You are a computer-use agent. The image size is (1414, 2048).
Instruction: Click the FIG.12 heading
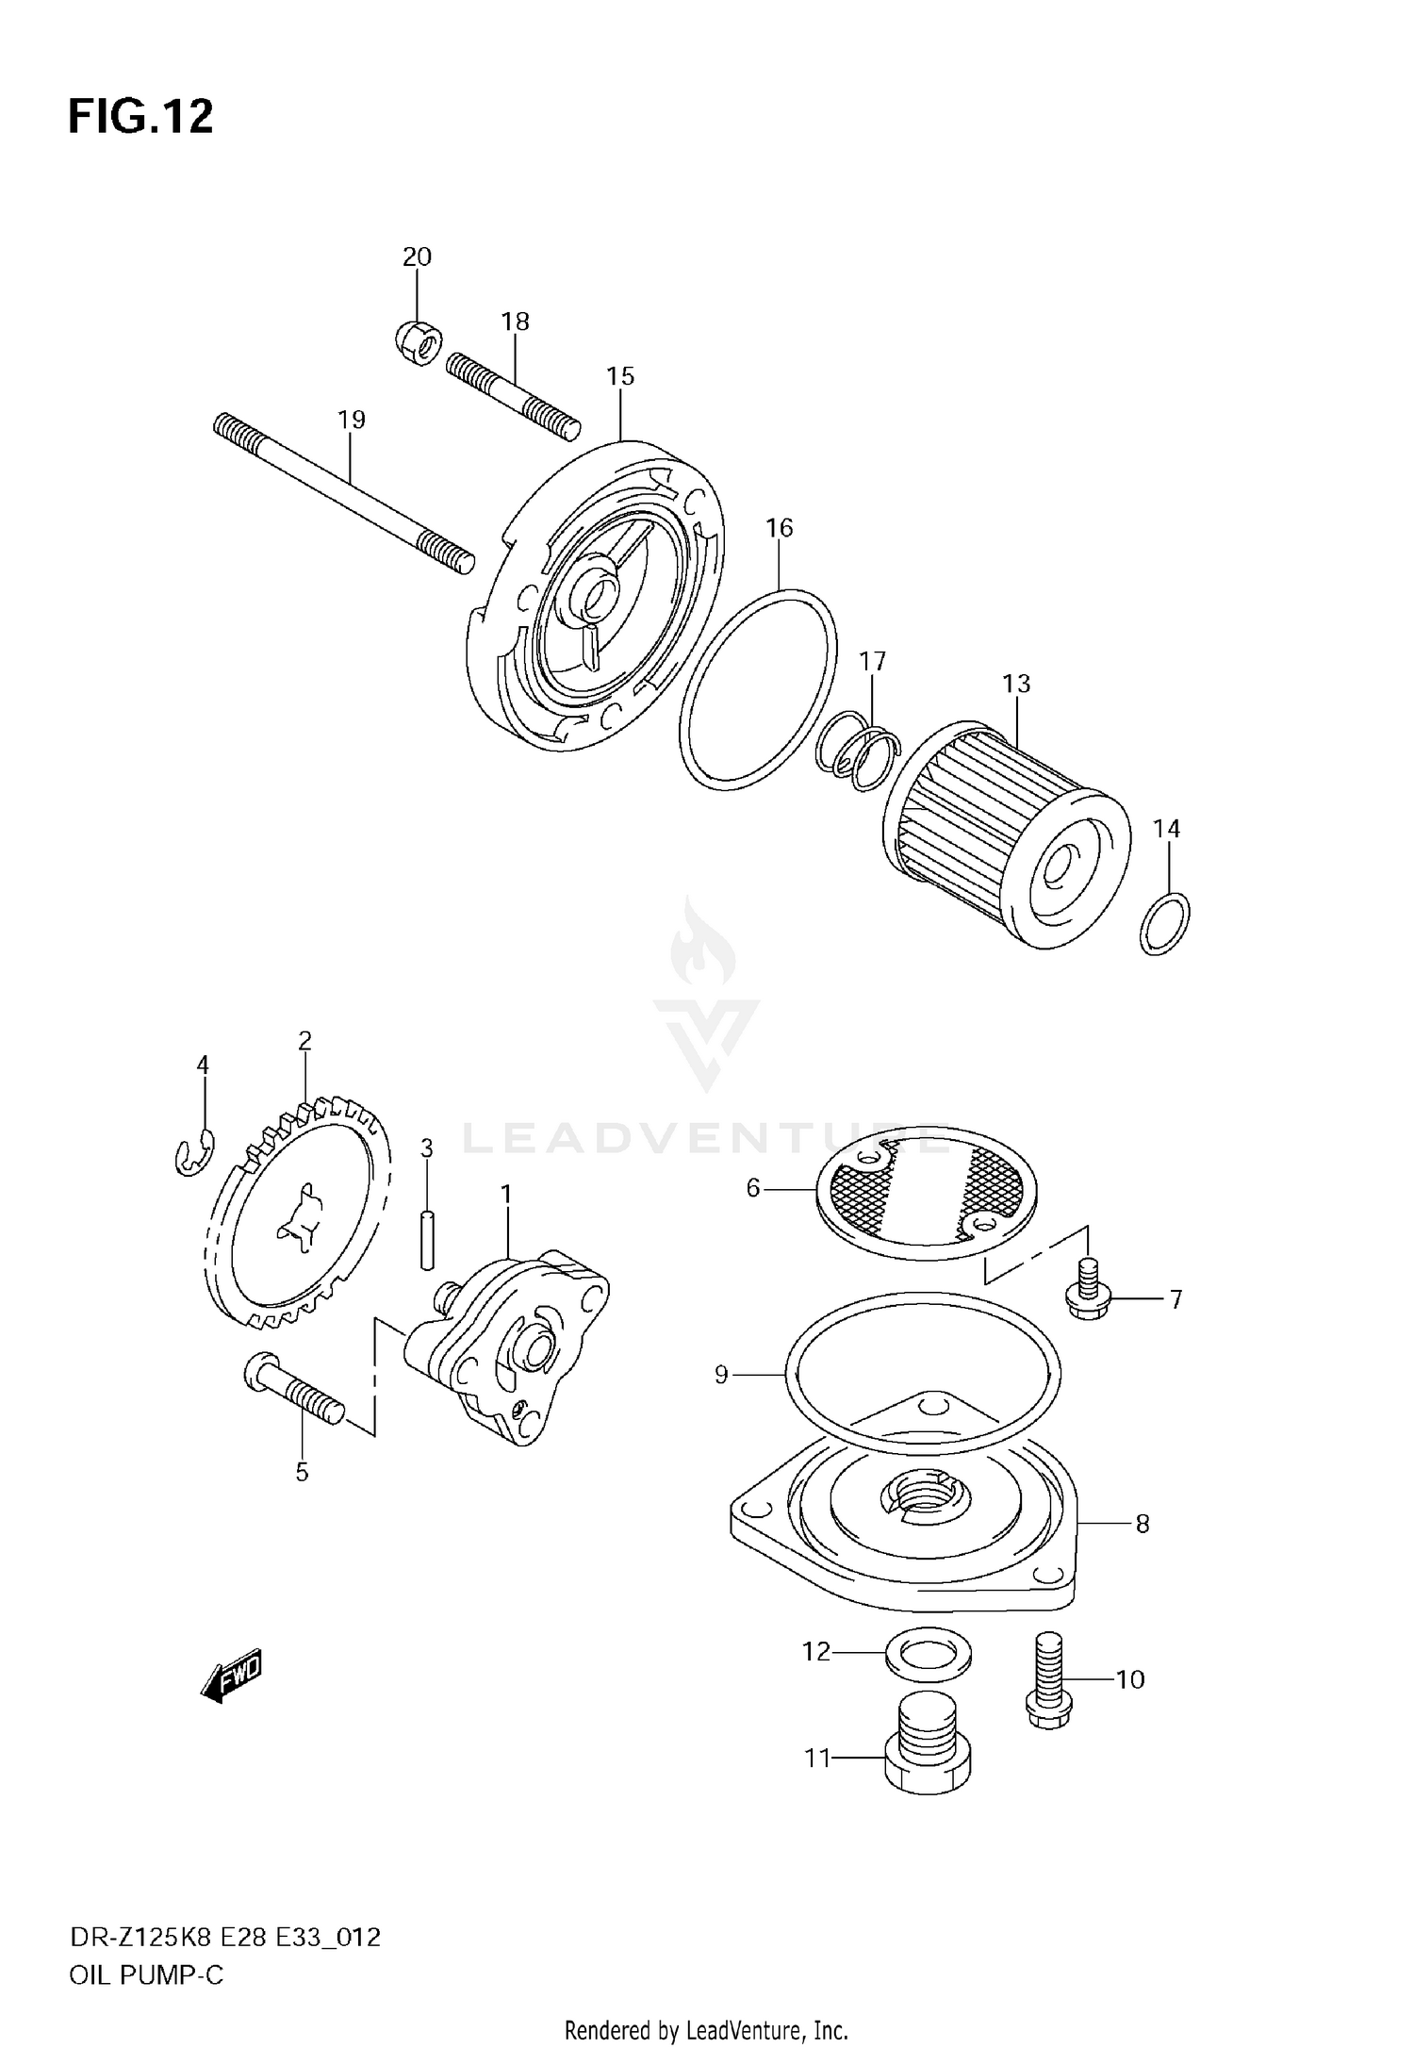(x=140, y=117)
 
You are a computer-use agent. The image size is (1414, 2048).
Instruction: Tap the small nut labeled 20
(x=416, y=341)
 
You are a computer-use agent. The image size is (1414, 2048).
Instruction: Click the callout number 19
(x=351, y=420)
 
